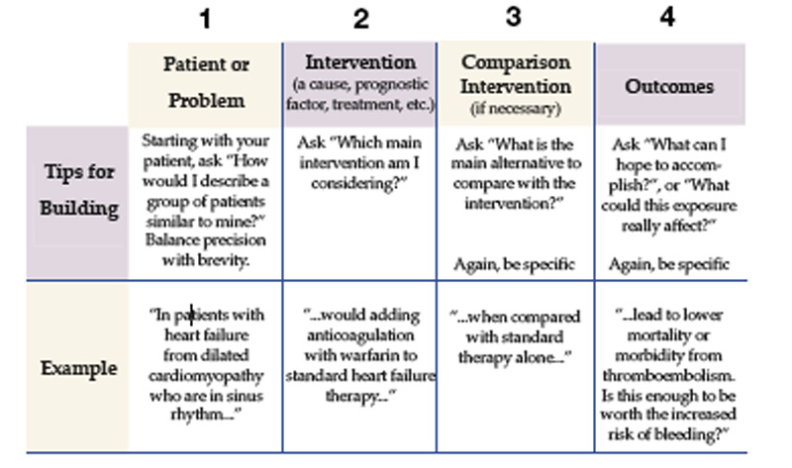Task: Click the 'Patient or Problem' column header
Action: coord(206,82)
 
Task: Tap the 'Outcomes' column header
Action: coord(669,86)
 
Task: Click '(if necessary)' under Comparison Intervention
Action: coord(517,109)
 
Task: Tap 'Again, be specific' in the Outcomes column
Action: coord(670,264)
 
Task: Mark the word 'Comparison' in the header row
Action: coord(516,61)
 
